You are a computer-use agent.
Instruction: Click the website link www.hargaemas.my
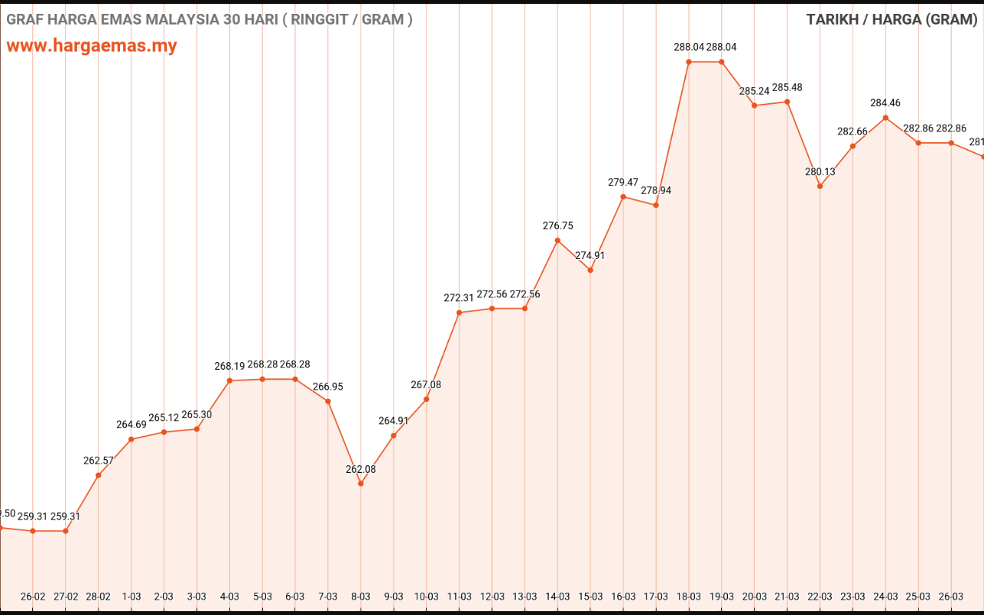[91, 45]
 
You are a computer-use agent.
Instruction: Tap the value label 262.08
[361, 469]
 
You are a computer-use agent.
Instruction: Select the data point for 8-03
[361, 484]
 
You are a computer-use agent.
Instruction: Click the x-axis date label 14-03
[557, 597]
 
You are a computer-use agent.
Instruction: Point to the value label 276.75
[557, 226]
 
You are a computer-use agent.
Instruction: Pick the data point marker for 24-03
[886, 118]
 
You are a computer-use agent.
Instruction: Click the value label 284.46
[886, 103]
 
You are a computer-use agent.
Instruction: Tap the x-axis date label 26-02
[33, 597]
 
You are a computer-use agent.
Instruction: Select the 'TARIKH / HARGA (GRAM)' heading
[891, 19]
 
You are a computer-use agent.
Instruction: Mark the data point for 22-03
[820, 186]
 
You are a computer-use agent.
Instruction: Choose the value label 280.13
[820, 171]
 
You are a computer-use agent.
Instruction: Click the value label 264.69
[131, 424]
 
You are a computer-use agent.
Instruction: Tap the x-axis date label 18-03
[689, 597]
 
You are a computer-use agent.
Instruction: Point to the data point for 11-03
[459, 313]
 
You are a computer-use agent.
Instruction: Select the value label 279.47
[623, 182]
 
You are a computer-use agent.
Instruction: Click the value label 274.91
[590, 255]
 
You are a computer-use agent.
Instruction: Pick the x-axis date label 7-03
[328, 597]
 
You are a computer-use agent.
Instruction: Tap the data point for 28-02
[98, 475]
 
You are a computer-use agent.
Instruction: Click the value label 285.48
[787, 87]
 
